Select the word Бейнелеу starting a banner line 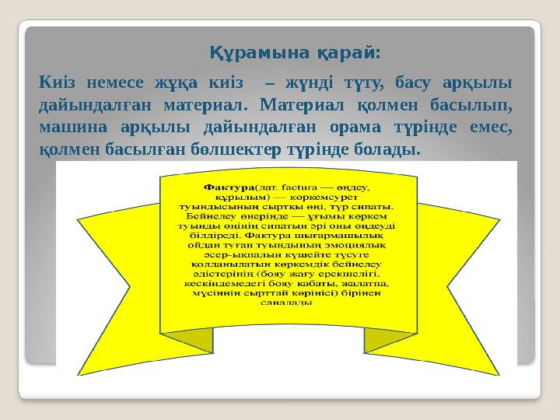tap(201, 218)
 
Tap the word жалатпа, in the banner tap(365, 283)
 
